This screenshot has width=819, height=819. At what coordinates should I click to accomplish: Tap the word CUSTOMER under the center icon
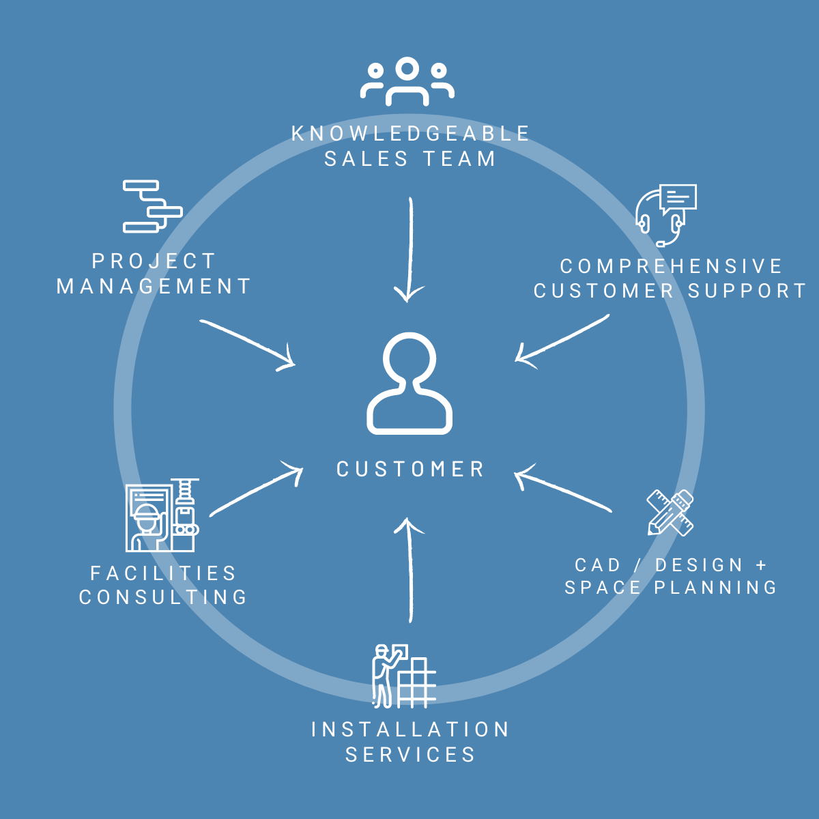410,470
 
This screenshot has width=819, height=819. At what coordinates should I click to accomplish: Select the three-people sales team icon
407,82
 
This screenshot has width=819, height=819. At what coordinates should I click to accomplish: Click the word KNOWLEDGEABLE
410,134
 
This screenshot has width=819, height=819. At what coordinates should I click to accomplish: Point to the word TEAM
459,159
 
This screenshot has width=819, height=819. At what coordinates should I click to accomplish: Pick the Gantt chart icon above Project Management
152,206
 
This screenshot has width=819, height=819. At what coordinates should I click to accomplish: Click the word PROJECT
154,261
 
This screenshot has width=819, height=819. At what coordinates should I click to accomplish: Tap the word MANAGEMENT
154,287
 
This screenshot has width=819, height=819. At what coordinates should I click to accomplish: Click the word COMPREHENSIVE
671,266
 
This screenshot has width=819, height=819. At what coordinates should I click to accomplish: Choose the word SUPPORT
747,291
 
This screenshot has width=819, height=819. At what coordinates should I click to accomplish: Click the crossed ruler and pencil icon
670,513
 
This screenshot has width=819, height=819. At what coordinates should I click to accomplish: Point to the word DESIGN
699,565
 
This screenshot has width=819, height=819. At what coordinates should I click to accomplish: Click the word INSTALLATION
410,730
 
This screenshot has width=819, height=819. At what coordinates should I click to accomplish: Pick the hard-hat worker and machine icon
162,515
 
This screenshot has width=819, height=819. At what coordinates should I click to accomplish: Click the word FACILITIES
163,573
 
